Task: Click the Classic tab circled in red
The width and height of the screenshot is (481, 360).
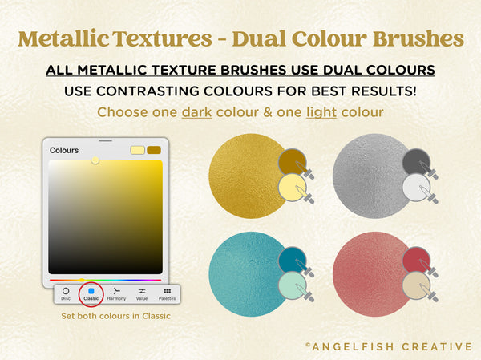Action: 91,293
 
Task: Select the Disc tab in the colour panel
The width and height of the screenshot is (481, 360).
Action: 66,293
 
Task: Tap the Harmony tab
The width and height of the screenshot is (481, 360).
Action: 116,293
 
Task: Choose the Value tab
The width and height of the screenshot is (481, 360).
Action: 142,293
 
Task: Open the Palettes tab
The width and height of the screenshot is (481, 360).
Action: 167,293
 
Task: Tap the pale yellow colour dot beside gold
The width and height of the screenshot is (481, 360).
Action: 293,188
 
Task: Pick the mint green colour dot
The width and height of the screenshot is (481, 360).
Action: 293,287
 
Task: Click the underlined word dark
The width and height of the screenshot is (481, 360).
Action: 196,112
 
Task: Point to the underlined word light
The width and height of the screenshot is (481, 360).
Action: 320,112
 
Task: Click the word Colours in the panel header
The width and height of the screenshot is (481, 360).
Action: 64,150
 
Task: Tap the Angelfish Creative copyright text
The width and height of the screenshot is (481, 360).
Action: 389,346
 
